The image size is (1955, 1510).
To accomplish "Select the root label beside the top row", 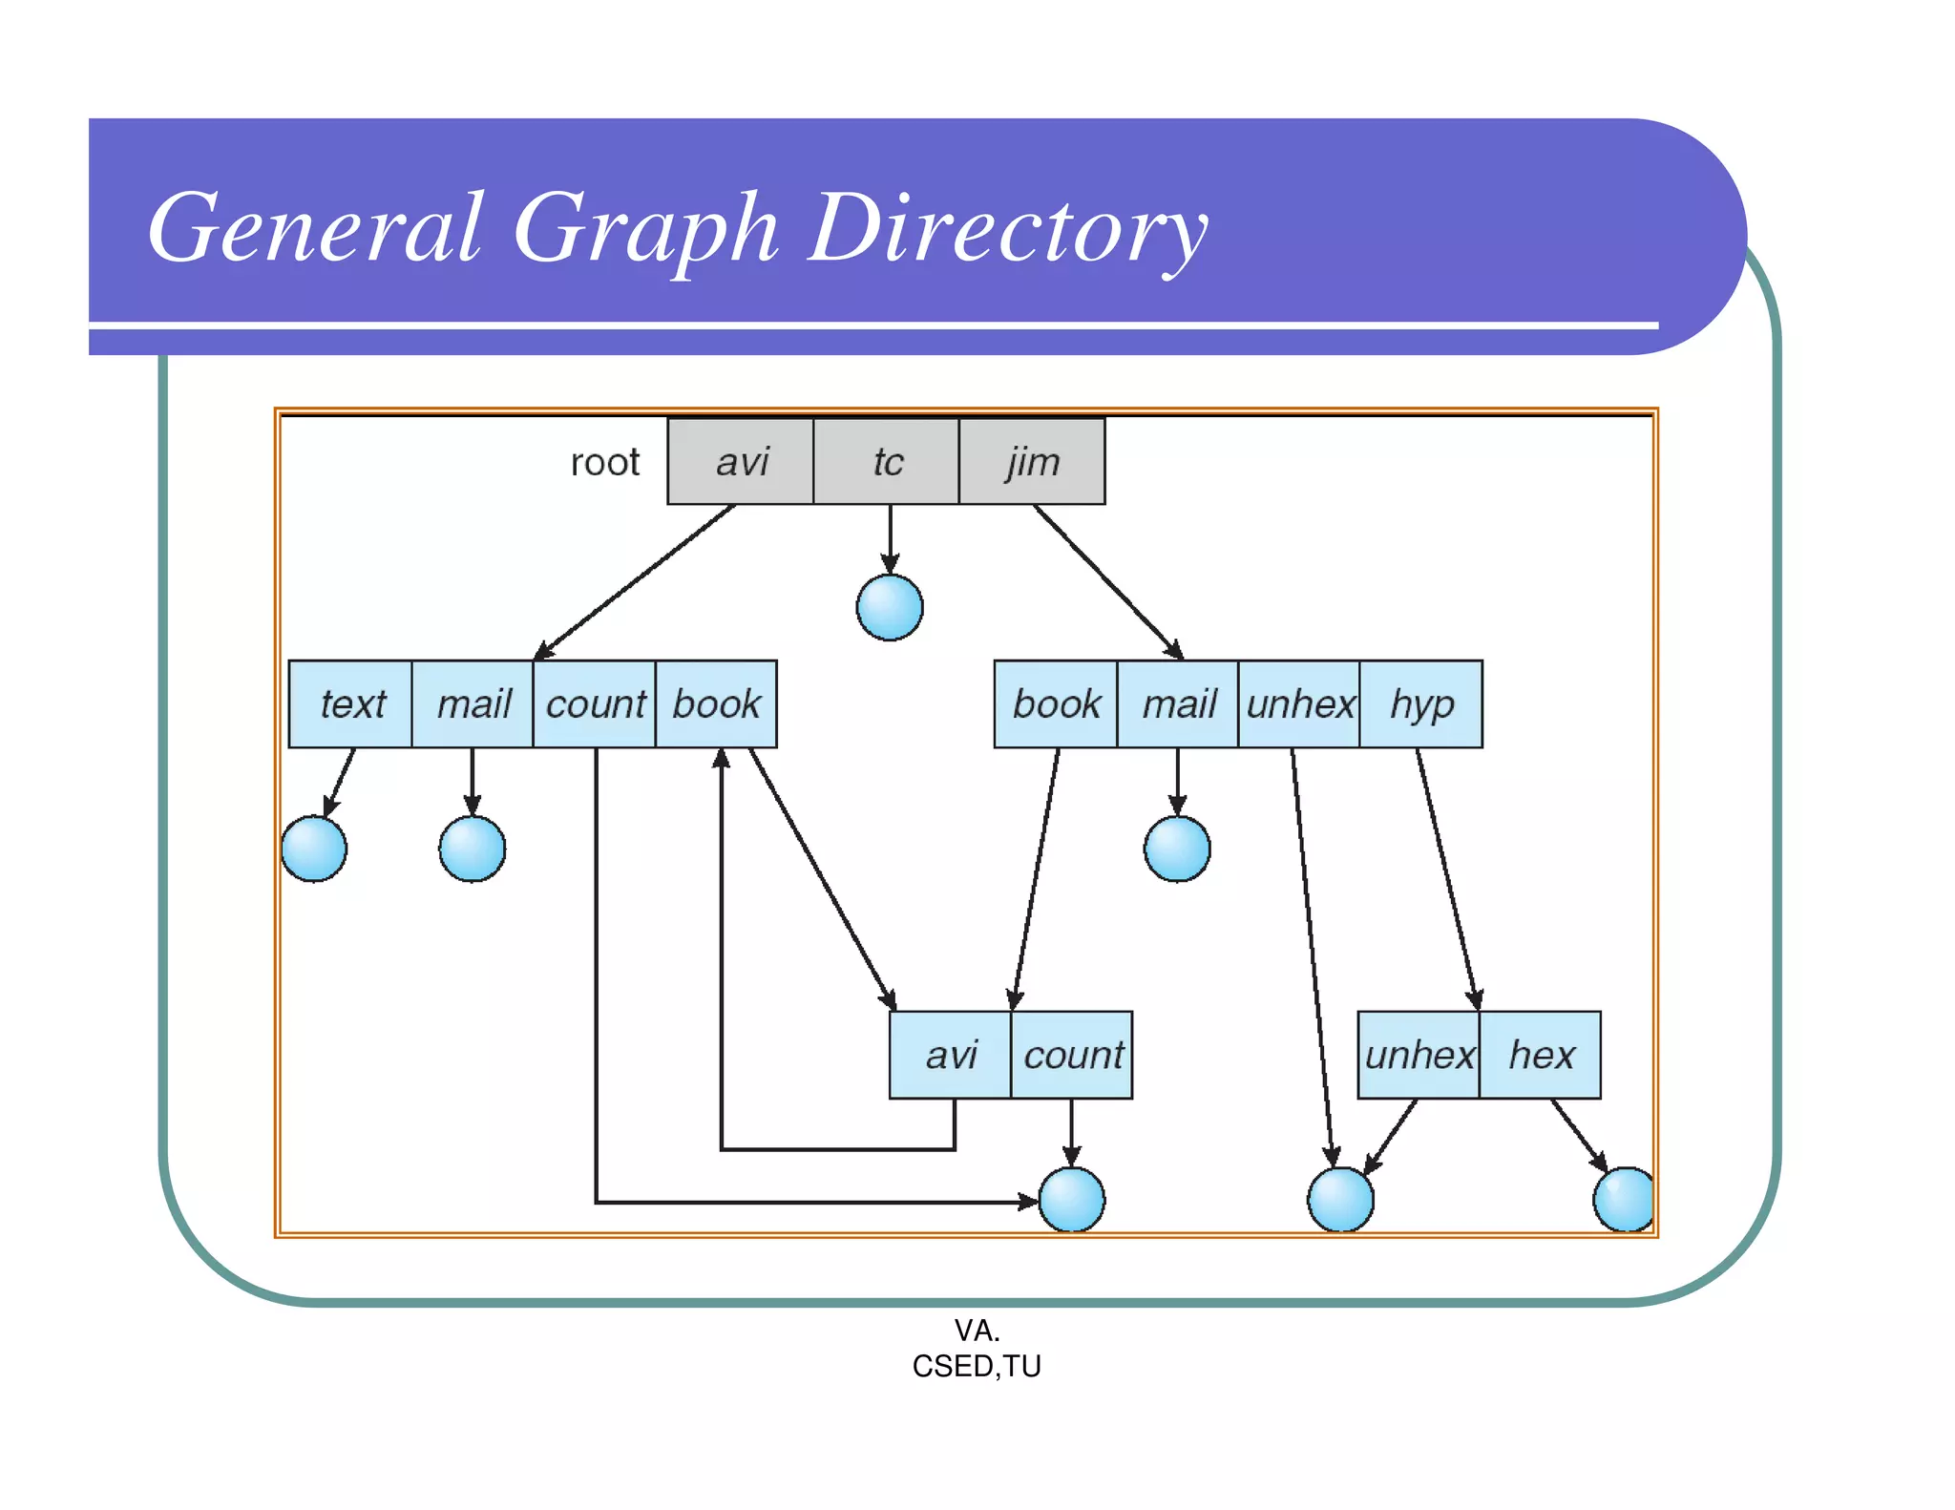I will (x=604, y=463).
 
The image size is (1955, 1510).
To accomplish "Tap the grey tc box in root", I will (x=887, y=462).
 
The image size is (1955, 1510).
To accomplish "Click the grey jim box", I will (x=1032, y=462).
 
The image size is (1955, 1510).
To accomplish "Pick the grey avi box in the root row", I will (x=741, y=462).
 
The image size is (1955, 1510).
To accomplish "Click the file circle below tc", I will (x=890, y=607).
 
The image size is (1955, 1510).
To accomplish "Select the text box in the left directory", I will (x=351, y=704).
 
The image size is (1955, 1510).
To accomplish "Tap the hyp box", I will (x=1420, y=704).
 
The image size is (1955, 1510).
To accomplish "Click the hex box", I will (x=1540, y=1055).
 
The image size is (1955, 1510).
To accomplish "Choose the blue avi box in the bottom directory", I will (x=950, y=1055).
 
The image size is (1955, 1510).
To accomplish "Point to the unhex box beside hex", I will (x=1419, y=1055).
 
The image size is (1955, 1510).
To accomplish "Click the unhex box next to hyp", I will (x=1299, y=704).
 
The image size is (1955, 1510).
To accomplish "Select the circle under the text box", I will (x=314, y=849).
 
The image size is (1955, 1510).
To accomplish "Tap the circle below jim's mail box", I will (x=1177, y=849).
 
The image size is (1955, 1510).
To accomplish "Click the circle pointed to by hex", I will (x=1624, y=1199).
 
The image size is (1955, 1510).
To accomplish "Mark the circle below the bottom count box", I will (x=1071, y=1199).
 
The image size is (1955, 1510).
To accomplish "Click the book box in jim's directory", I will (x=1056, y=704).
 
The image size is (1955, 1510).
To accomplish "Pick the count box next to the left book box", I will (x=595, y=704).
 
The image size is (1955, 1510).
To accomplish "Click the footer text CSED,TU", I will (x=976, y=1367).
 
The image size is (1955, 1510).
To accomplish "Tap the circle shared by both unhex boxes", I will (x=1340, y=1199).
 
